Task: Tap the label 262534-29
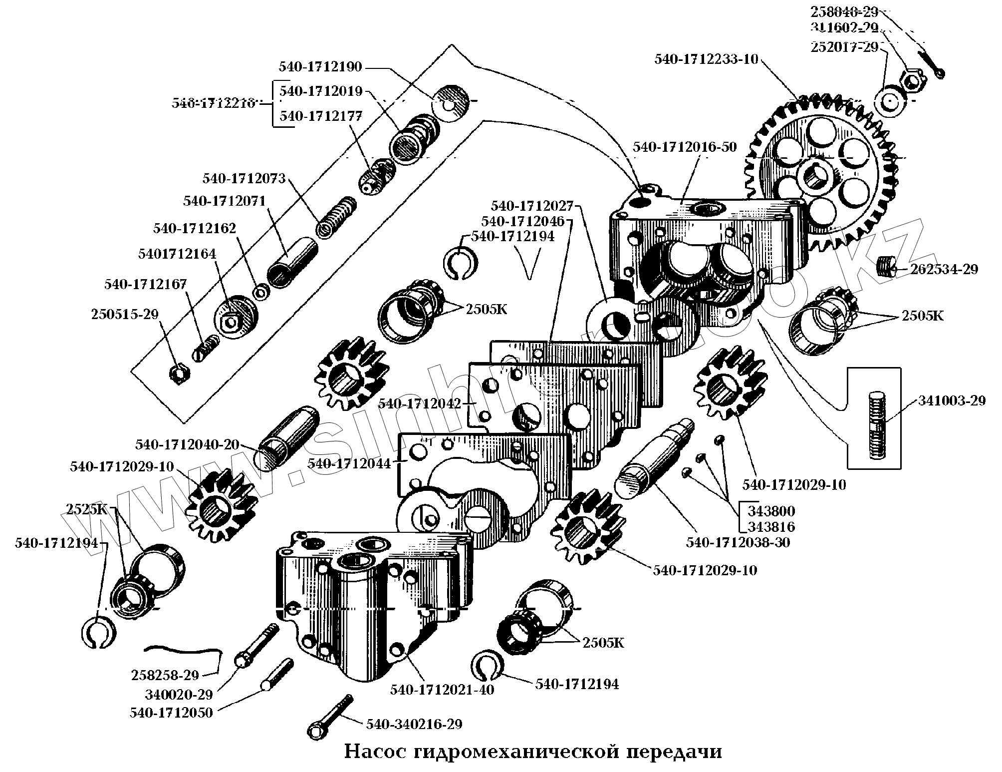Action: [944, 270]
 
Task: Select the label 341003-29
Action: [952, 400]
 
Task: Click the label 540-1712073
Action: [244, 178]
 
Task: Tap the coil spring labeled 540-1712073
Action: [337, 216]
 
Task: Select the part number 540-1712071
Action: [224, 201]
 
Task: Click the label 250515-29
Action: [125, 315]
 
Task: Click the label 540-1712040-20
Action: [187, 444]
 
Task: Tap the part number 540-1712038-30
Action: [738, 542]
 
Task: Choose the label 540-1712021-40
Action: [442, 690]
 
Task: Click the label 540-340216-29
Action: [414, 724]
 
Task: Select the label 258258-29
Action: [165, 675]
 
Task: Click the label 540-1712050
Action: [171, 713]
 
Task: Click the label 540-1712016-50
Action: [685, 148]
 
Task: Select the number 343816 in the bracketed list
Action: [771, 527]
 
